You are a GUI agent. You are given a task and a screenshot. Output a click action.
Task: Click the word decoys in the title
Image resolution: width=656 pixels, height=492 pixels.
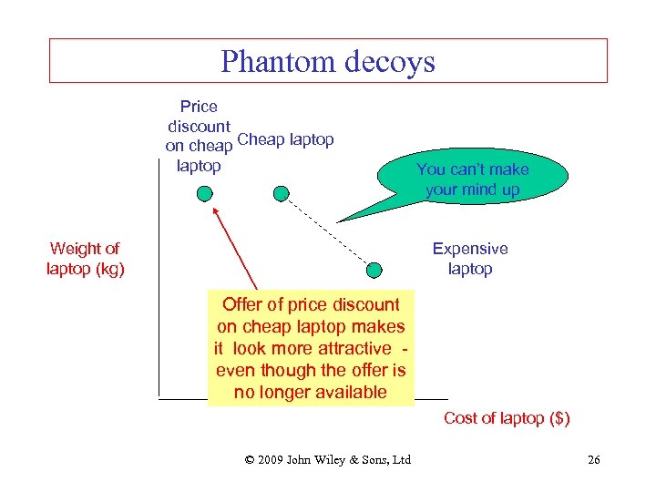pos(390,62)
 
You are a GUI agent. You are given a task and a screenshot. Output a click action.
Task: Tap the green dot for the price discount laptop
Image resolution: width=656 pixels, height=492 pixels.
pos(205,193)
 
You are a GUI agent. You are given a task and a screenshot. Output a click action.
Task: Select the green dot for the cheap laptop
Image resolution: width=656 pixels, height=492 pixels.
pos(282,193)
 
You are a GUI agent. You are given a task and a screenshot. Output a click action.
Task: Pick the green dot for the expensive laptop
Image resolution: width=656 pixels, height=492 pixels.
pos(374,269)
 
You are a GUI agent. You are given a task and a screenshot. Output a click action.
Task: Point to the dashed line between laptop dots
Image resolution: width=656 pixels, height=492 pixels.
pos(328,231)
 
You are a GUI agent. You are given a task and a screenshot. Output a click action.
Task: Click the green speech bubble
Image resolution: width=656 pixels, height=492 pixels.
pos(472,179)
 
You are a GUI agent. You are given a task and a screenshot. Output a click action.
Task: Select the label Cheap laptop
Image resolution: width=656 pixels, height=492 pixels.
pos(286,140)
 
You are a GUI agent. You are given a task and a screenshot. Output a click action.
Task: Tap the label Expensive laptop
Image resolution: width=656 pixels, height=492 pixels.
pos(470,259)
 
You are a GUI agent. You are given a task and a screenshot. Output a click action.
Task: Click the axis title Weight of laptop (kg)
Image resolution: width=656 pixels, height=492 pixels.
pos(85,259)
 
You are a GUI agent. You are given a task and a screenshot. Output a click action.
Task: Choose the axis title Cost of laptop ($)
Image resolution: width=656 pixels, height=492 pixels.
pos(507,418)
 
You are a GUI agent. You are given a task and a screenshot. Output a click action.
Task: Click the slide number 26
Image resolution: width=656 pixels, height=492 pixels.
pos(593,459)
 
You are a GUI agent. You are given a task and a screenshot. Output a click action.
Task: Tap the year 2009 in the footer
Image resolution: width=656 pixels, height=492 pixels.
pos(271,459)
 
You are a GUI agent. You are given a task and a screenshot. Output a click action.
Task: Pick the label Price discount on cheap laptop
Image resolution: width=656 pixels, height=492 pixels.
pos(199,136)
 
